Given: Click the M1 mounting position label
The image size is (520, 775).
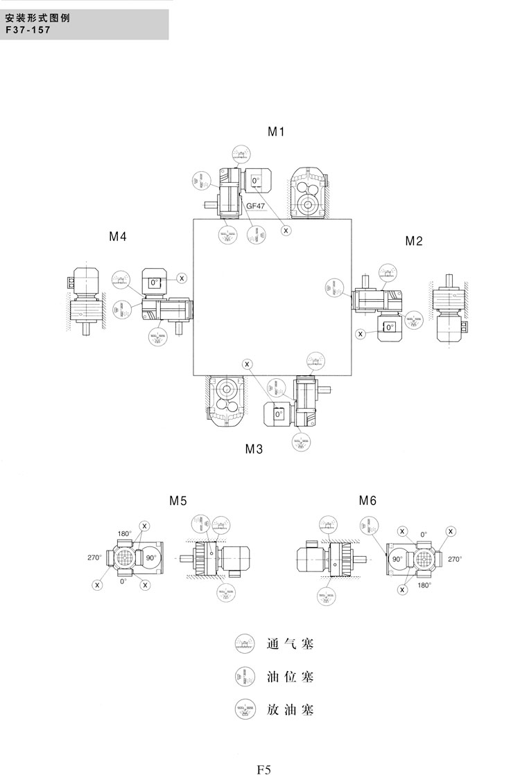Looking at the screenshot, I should [277, 132].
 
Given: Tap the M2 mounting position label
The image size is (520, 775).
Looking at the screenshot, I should [414, 241].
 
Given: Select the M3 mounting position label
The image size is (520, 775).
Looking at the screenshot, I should [254, 449].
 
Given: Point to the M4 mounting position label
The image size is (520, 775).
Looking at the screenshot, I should [118, 236].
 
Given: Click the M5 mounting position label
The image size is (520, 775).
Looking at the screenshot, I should [178, 500].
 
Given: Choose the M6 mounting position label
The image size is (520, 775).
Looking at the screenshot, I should [367, 500].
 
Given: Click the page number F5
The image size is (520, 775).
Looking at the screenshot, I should [264, 768].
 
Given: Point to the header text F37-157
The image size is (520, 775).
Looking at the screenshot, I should [28, 30].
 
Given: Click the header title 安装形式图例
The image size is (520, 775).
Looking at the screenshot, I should [33, 19].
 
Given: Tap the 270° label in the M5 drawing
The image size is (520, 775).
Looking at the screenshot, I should [94, 558].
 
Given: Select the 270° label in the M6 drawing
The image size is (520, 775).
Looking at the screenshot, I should [455, 559].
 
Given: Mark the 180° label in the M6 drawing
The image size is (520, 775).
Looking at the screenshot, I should [424, 585].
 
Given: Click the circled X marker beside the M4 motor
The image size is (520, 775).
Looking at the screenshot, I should [182, 278].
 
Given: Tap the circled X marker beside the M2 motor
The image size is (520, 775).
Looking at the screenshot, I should [361, 334].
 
